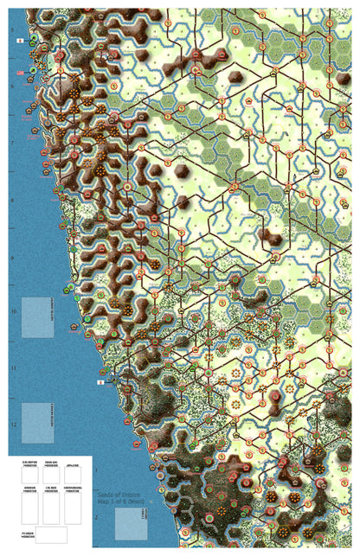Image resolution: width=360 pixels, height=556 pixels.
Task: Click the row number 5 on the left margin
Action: [12, 29]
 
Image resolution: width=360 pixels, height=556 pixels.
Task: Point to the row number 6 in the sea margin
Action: [12, 86]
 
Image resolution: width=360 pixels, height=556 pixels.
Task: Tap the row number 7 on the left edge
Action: [12, 143]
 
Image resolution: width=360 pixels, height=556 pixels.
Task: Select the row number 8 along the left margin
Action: [12, 200]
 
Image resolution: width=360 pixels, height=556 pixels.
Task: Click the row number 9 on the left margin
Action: [12, 257]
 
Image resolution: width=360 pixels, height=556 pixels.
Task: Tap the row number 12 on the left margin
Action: [13, 425]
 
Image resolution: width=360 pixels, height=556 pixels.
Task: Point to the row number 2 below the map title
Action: [96, 519]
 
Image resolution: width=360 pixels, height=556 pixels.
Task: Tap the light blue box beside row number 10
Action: [37, 316]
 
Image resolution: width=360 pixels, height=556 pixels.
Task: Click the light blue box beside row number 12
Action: [37, 423]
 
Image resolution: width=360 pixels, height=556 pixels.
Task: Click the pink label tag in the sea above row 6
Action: [19, 73]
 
